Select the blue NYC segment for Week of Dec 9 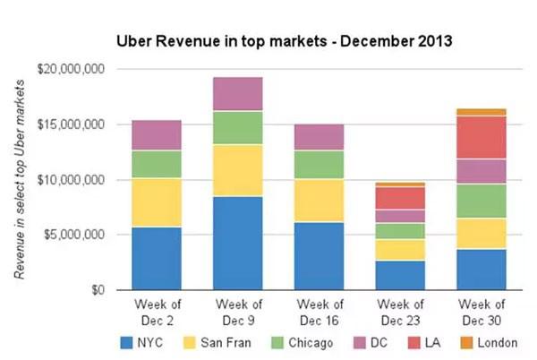coord(237,243)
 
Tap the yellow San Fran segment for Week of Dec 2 coord(156,202)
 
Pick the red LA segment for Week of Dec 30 coord(481,137)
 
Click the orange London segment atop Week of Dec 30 coord(481,112)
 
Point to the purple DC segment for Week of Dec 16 coord(319,137)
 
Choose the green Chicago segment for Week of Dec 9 coord(237,128)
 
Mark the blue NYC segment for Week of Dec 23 coord(399,275)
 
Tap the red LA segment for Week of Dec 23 coord(399,198)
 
